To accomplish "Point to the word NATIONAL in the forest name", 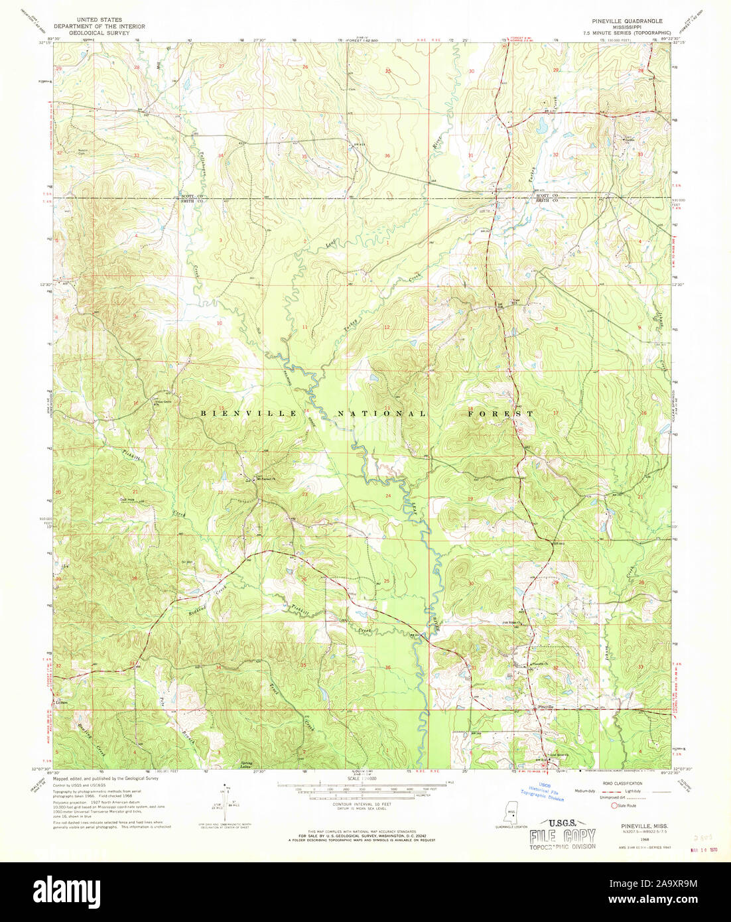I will [382, 413].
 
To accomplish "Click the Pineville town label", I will [546, 707].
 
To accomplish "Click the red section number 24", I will [388, 495].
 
